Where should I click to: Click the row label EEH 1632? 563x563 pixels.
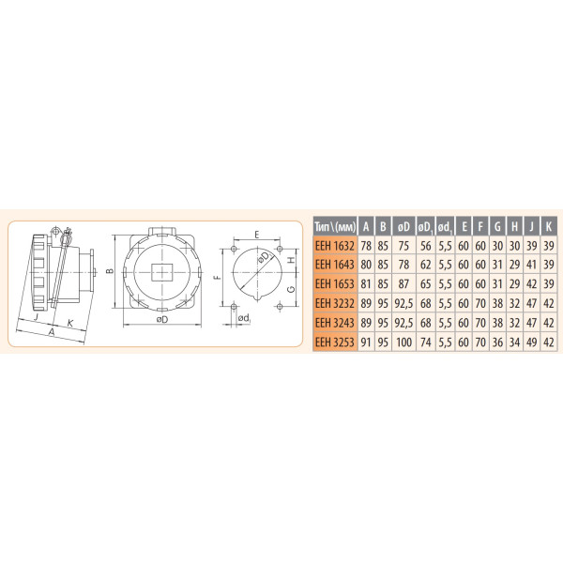(x=335, y=245)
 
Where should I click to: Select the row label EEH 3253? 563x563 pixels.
(x=335, y=342)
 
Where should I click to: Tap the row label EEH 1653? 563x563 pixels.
(x=335, y=283)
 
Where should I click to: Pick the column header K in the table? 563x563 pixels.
(x=548, y=225)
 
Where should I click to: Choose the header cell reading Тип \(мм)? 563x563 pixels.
(x=335, y=225)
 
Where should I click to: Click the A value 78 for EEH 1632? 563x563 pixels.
(x=366, y=245)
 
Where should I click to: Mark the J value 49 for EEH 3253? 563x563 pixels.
(x=531, y=342)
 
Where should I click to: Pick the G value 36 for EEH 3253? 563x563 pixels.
(x=497, y=342)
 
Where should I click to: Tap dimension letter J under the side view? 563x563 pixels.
(x=35, y=318)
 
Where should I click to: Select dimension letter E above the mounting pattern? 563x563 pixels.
(x=255, y=236)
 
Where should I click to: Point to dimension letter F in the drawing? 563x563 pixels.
(x=216, y=278)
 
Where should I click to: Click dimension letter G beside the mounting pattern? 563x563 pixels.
(x=292, y=291)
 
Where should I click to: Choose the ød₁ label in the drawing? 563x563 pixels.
(x=244, y=318)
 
